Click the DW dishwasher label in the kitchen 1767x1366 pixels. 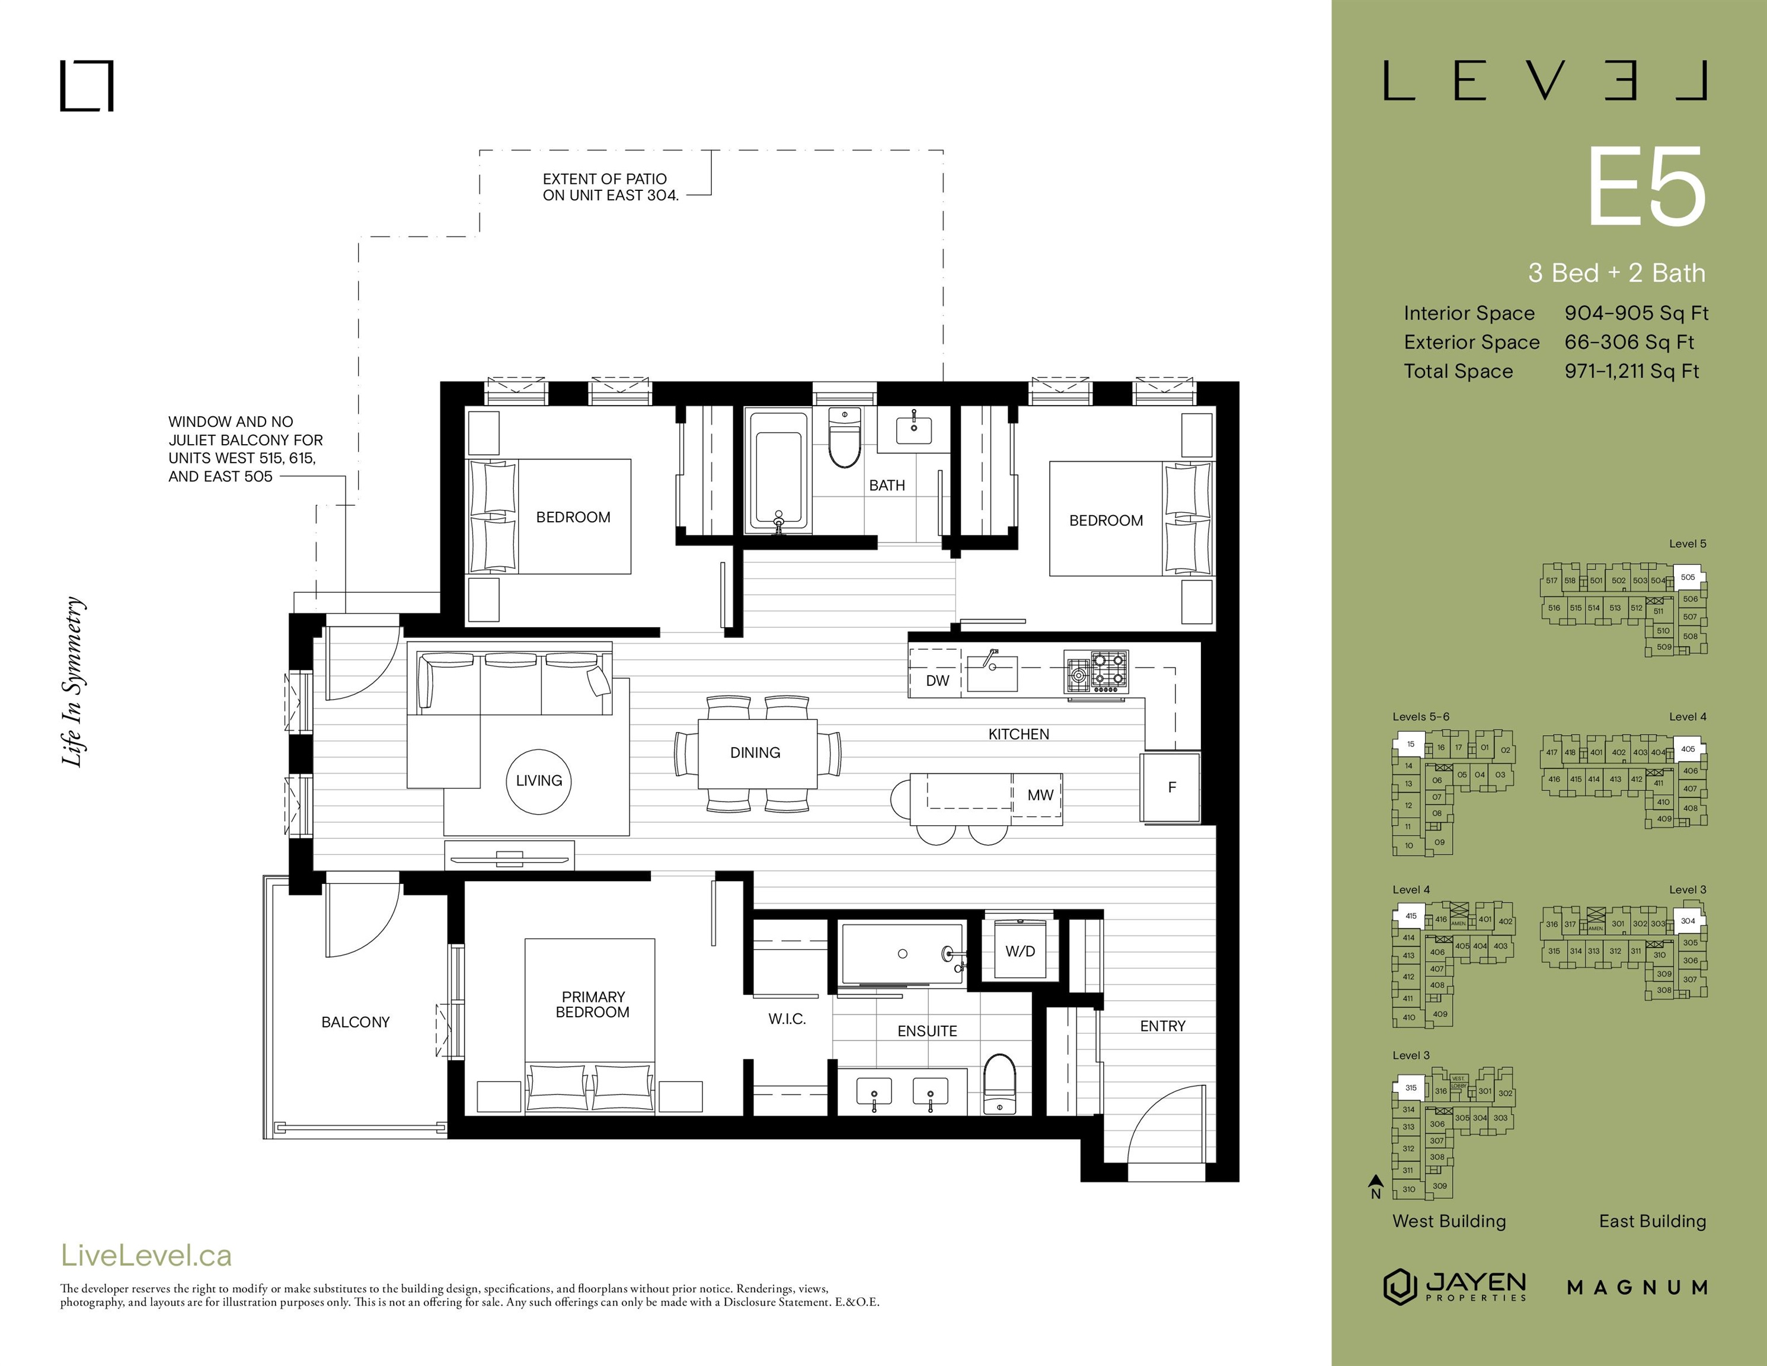pos(937,681)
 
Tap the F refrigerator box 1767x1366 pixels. pos(1170,787)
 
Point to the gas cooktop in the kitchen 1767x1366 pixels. pos(1095,672)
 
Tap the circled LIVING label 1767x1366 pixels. pos(539,780)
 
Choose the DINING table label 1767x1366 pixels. pos(755,752)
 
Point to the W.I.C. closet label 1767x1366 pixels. pos(787,1019)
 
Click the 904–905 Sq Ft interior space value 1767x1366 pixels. pos(1636,313)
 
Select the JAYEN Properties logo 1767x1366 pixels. pos(1455,1287)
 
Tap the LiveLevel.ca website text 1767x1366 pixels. pos(146,1255)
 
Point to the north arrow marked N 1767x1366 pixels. pos(1375,1187)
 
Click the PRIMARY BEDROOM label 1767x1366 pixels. pos(592,1004)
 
